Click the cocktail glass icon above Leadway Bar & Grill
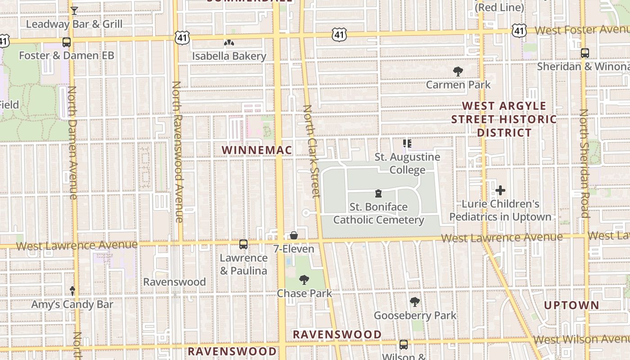click(x=74, y=11)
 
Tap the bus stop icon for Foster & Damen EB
click(x=67, y=42)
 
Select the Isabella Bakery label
click(x=229, y=56)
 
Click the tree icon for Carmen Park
click(x=458, y=71)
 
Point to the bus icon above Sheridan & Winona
click(x=585, y=53)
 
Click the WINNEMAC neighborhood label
click(x=257, y=150)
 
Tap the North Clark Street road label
click(x=311, y=151)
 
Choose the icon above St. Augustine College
click(x=407, y=144)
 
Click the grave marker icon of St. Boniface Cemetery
click(x=378, y=193)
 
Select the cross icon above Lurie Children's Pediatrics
click(x=500, y=190)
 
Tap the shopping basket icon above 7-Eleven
click(x=293, y=235)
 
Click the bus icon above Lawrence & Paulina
click(x=243, y=244)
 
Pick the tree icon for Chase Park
click(x=304, y=280)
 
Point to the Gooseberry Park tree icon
click(x=415, y=302)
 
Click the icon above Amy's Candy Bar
click(x=72, y=291)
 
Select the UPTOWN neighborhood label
click(x=571, y=305)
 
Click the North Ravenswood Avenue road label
click(x=177, y=152)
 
